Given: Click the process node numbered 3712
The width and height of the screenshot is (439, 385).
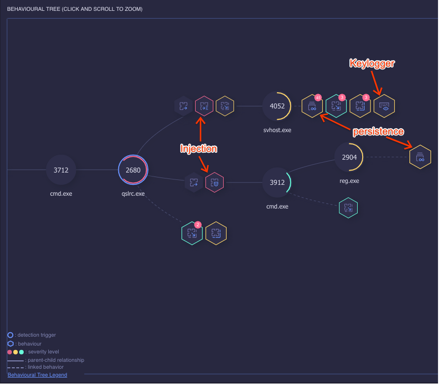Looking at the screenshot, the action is pyautogui.click(x=61, y=170).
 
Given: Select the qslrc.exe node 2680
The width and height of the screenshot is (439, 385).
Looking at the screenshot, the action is pyautogui.click(x=133, y=170).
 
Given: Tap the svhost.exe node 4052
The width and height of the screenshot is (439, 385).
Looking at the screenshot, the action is pyautogui.click(x=277, y=106).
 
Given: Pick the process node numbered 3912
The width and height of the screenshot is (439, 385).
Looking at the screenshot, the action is pyautogui.click(x=277, y=182).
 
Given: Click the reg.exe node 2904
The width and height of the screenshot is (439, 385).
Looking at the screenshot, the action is pyautogui.click(x=349, y=157).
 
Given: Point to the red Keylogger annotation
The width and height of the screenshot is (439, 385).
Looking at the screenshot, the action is pyautogui.click(x=372, y=63).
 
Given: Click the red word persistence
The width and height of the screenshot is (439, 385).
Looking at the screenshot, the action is pyautogui.click(x=378, y=132).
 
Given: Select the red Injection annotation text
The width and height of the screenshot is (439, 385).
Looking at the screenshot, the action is pyautogui.click(x=199, y=148).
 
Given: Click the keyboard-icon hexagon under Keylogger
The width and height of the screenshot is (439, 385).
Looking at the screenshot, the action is pyautogui.click(x=384, y=106).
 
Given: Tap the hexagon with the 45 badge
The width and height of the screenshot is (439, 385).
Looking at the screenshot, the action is pyautogui.click(x=312, y=106).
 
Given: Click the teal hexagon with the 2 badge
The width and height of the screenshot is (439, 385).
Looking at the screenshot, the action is pyautogui.click(x=192, y=233).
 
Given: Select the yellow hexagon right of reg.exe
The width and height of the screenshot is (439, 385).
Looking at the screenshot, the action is pyautogui.click(x=420, y=157).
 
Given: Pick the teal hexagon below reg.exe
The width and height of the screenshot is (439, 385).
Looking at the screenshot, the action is pyautogui.click(x=348, y=208).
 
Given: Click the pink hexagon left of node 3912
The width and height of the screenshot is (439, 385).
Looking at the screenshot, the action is pyautogui.click(x=214, y=183).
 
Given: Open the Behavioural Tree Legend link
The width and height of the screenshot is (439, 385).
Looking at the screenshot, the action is pyautogui.click(x=37, y=375).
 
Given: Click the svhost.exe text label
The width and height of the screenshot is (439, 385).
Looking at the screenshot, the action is pyautogui.click(x=277, y=130).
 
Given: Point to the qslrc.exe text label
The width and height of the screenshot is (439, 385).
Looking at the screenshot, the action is pyautogui.click(x=133, y=194).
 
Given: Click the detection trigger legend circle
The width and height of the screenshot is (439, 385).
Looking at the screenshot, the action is pyautogui.click(x=10, y=335).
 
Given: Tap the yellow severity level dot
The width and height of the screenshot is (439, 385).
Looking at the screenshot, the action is pyautogui.click(x=15, y=352).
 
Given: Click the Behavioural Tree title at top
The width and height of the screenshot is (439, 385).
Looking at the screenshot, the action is pyautogui.click(x=75, y=9).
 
